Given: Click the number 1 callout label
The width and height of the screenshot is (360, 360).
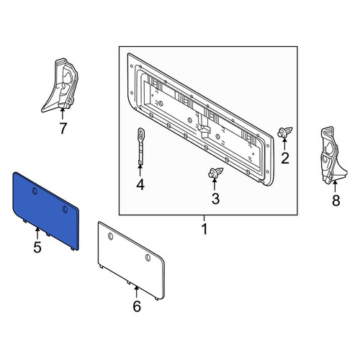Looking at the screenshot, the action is point(204,229).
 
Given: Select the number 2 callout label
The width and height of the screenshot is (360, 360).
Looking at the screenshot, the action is point(285,158).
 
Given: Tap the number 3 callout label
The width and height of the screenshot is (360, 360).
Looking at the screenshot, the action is point(215,199).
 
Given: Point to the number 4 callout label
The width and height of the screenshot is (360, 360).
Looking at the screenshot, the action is point(140,185).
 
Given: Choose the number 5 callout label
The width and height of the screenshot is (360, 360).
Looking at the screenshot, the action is point(37,247).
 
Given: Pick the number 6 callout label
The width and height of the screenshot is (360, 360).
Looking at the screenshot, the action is point(137,307).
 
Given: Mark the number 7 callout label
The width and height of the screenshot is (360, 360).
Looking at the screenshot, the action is point(63,128).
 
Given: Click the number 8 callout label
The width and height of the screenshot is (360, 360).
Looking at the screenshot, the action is point(336,200).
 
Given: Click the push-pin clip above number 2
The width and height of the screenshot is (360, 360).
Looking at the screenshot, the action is point(285,132).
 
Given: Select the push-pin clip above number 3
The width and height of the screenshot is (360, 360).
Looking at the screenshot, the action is point(215,173).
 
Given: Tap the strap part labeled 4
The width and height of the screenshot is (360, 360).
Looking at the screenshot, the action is point(140,146).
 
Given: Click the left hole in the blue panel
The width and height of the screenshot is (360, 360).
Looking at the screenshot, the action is point(35,191).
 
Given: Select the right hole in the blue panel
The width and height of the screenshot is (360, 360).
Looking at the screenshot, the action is point(65,209).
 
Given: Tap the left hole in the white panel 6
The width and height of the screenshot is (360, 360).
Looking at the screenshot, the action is point(111,236).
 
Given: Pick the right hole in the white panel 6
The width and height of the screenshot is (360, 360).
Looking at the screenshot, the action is point(148,258).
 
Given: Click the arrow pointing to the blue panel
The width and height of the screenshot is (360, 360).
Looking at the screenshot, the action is point(37,234).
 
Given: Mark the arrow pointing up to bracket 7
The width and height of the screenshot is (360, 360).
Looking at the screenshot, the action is point(62,114).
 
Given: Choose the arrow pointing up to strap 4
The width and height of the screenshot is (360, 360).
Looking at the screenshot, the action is point(140,171).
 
